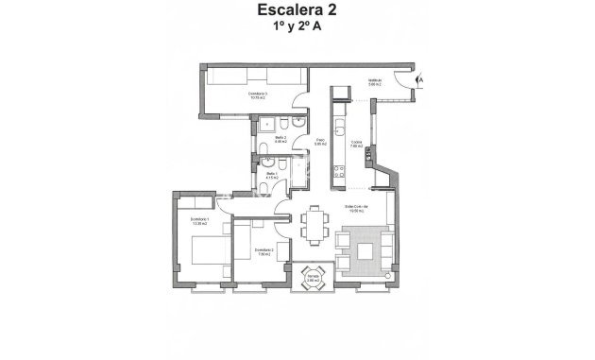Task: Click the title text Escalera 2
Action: tap(297, 11)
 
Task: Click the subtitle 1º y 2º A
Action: tap(297, 28)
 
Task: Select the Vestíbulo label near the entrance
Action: tap(374, 80)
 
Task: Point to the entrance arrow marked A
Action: tap(419, 83)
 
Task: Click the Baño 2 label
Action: tap(280, 139)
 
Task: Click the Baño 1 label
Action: tap(272, 174)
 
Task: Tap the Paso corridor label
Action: tap(320, 142)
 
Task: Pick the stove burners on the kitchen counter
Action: tap(337, 170)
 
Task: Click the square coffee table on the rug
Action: tap(363, 249)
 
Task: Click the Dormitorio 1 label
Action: tap(199, 222)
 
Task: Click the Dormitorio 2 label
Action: tap(263, 251)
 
